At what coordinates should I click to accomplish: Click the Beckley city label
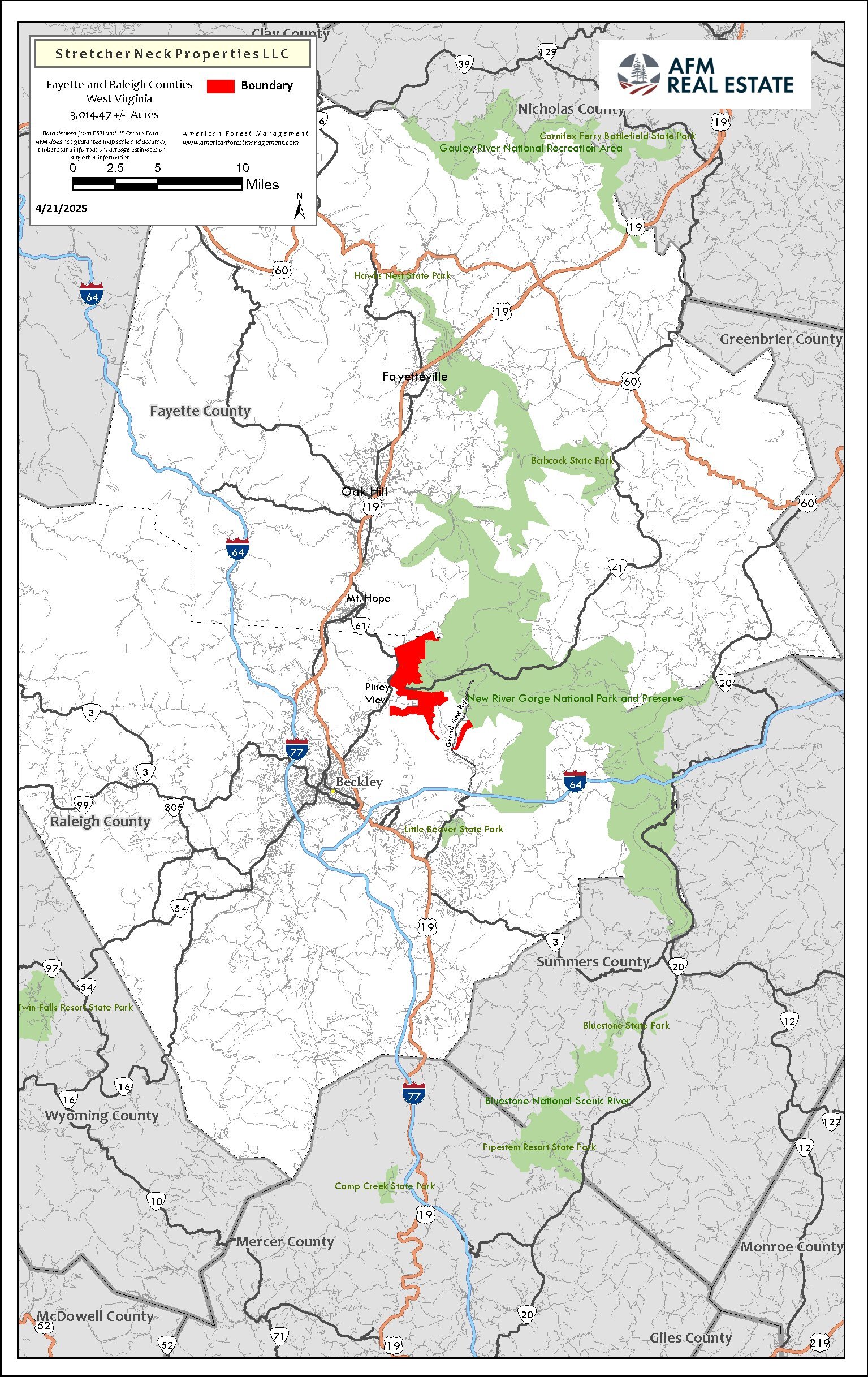coord(359,782)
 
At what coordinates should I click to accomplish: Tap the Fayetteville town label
coord(414,376)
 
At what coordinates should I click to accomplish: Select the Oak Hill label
coord(364,491)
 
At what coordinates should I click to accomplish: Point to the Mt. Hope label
coord(368,598)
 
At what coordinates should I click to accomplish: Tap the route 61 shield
coord(360,626)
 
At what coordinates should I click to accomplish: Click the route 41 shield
coord(616,568)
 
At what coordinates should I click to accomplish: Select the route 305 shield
coord(174,807)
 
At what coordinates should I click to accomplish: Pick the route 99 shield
coord(83,805)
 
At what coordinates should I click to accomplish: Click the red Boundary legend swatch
coord(221,86)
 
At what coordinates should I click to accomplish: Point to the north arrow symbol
coord(299,207)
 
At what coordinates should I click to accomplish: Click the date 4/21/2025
coord(62,209)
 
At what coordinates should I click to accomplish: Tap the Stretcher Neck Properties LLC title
coord(172,54)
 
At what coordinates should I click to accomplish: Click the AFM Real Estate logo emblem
coord(638,74)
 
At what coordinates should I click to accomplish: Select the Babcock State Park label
coord(572,460)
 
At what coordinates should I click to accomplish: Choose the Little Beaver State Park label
coord(454,829)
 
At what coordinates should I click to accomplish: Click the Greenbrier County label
coord(780,339)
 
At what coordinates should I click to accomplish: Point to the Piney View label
coord(377,693)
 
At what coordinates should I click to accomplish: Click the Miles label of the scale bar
coord(262,185)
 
